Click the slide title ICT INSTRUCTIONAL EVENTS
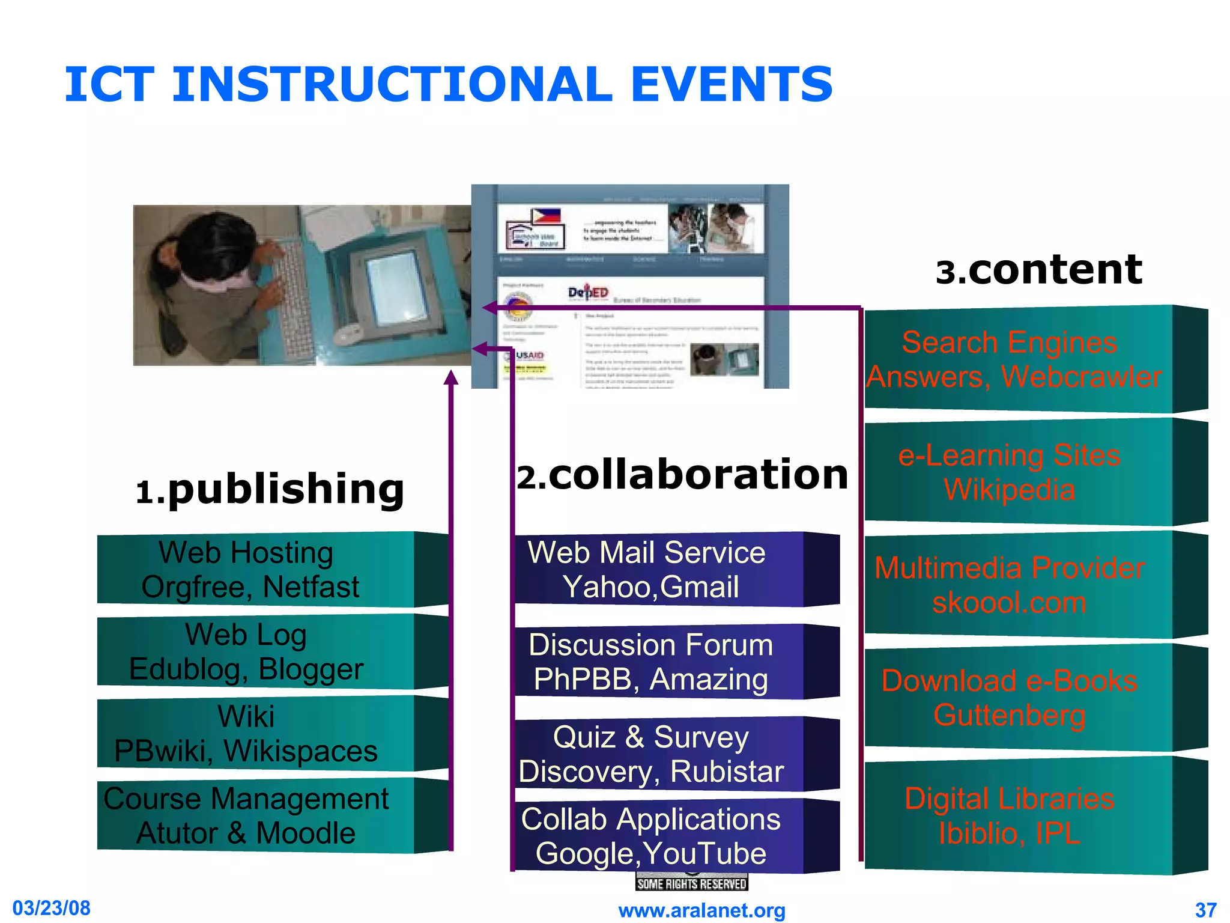448,84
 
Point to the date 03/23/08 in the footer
52,908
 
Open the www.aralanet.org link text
701,910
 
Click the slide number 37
1205,910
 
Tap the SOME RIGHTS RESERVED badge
692,883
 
